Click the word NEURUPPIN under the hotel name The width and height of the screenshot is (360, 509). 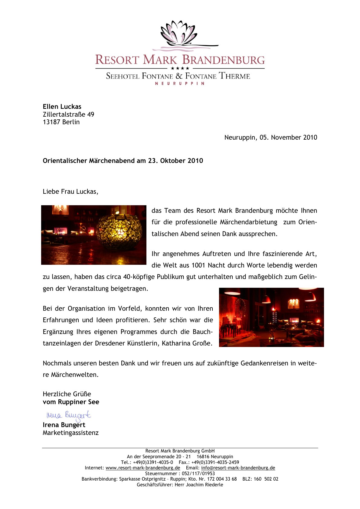[180, 83]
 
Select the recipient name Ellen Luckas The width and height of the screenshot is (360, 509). [62, 107]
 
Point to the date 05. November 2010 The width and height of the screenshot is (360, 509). [288, 138]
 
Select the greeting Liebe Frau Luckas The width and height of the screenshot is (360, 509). [70, 192]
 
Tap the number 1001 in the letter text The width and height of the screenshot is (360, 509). [198, 265]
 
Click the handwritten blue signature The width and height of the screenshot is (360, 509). [68, 415]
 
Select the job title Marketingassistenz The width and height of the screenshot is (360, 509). [70, 433]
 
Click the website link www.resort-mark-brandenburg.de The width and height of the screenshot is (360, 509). [143, 468]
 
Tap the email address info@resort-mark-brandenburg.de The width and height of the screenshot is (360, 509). [238, 468]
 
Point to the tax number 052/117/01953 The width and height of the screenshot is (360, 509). [198, 474]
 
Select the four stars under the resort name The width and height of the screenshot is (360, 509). [180, 68]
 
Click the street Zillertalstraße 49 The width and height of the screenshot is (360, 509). [68, 115]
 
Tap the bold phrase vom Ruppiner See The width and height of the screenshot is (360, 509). [71, 402]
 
